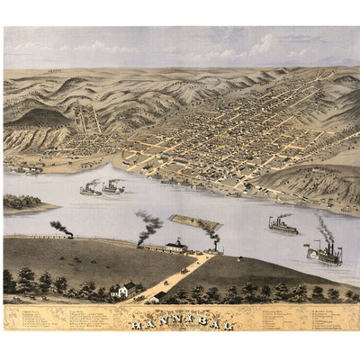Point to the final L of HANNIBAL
pos(229,325)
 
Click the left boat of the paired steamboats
pos(91,189)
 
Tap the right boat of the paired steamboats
pos(113,188)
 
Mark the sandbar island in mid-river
pos(195,222)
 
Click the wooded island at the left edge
pos(22,202)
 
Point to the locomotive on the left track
pos(68,235)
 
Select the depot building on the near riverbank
pos(176,245)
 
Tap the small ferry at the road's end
pos(213,248)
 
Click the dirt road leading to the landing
pos(171,274)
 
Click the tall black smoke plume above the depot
pos(148,223)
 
